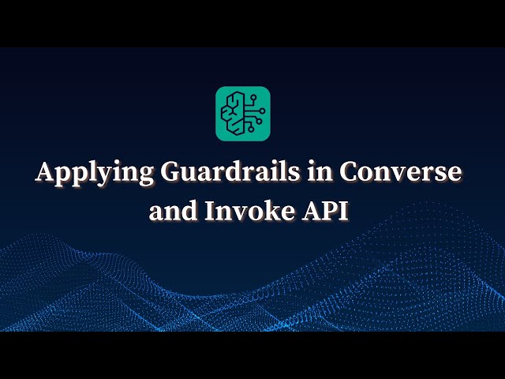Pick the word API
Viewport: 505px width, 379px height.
330,211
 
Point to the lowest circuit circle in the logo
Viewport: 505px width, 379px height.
250,129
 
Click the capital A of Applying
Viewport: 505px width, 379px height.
47,173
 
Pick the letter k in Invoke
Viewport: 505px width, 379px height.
265,210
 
